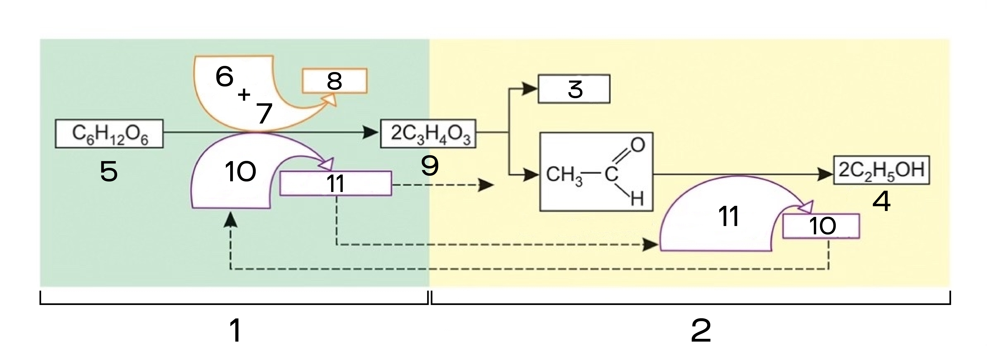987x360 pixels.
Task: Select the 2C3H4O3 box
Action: [428, 134]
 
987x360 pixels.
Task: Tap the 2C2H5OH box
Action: [881, 170]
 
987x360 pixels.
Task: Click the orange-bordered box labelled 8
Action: [334, 81]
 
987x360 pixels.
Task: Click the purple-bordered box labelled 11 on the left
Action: [336, 183]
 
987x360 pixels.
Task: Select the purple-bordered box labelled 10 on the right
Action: [821, 226]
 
